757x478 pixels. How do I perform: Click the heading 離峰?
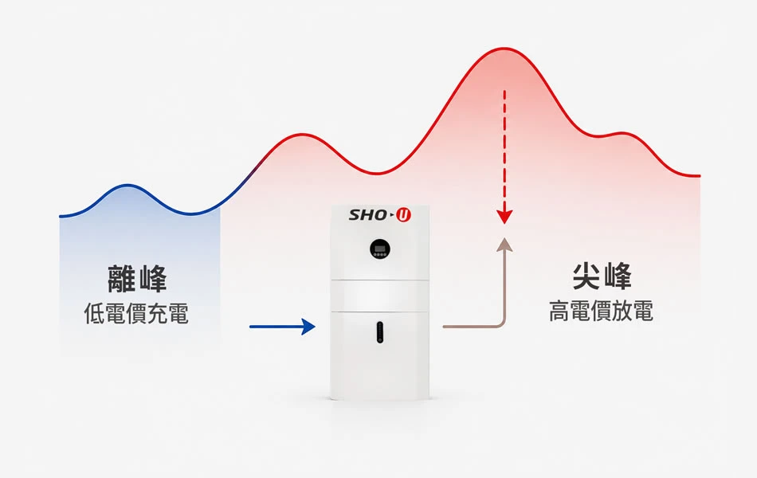point(137,279)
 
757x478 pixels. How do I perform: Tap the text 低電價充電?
point(136,313)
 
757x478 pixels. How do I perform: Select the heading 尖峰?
point(602,276)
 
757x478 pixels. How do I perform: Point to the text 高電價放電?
point(601,311)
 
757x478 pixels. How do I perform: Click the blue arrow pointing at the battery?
point(282,327)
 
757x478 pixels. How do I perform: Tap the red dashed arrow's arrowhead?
point(504,217)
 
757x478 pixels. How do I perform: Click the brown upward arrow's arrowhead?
point(504,245)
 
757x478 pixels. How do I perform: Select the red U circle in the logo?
point(404,215)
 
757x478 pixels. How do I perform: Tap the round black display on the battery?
point(380,249)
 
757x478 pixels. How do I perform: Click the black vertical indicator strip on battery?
point(380,332)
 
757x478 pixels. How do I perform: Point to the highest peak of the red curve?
point(504,49)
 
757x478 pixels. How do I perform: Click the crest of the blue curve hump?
point(128,185)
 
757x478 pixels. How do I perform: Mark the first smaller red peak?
point(302,134)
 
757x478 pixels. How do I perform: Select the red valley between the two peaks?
point(377,173)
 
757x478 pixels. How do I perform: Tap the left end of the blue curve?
point(60,216)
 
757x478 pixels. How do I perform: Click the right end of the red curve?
point(699,176)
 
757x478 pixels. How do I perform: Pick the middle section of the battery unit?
point(379,295)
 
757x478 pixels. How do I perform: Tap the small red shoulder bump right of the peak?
point(622,133)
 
